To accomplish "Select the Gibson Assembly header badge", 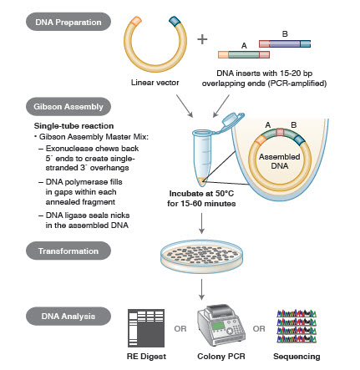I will pos(57,108).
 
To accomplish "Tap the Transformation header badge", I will pos(57,249).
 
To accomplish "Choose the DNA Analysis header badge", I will pos(57,315).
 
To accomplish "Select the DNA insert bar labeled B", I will pos(287,41).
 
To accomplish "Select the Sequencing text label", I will pos(297,357).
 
